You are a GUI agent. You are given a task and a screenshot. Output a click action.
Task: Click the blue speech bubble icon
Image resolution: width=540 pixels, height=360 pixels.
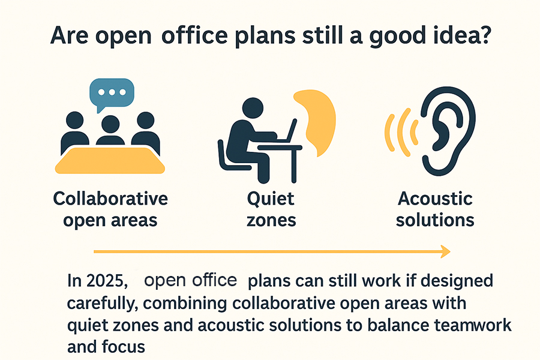pyautogui.click(x=112, y=93)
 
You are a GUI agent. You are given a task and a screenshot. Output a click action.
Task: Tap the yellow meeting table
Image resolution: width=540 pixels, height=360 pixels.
pyautogui.click(x=110, y=160)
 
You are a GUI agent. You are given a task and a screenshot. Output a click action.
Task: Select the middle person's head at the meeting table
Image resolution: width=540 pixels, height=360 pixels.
pyautogui.click(x=110, y=124)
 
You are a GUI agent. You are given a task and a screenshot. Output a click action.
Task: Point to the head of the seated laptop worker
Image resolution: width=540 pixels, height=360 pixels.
pyautogui.click(x=253, y=108)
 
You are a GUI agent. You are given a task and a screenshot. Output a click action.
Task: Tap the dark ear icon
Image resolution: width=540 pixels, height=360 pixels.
pyautogui.click(x=448, y=131)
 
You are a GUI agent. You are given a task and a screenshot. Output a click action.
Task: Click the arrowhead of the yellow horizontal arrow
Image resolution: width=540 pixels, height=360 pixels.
pyautogui.click(x=446, y=251)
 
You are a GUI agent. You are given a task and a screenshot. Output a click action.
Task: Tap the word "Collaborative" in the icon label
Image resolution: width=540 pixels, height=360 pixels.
pyautogui.click(x=110, y=199)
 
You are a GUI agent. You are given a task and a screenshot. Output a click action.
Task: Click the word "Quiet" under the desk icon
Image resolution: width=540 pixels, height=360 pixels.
pyautogui.click(x=271, y=199)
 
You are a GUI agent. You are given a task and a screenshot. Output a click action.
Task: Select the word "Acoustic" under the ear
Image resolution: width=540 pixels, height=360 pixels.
pyautogui.click(x=436, y=199)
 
